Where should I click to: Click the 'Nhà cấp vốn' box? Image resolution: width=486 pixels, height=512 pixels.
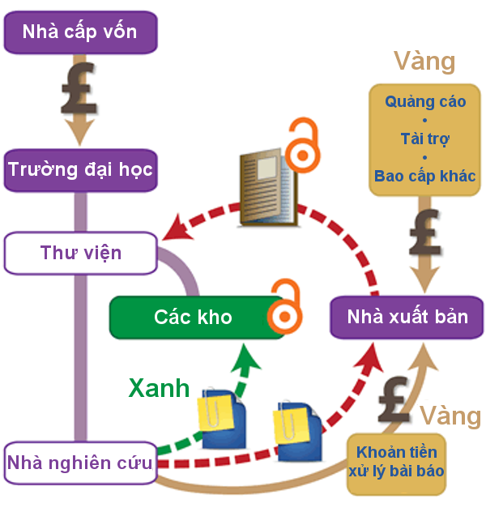(79, 32)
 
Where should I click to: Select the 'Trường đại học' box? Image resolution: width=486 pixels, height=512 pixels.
(79, 170)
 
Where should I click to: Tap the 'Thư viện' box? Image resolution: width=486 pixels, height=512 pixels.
(79, 253)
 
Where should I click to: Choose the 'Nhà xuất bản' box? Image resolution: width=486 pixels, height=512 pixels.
(407, 317)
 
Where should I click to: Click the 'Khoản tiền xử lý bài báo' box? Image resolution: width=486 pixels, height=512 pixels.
(396, 463)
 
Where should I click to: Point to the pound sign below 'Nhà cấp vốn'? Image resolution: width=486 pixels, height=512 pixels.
(79, 87)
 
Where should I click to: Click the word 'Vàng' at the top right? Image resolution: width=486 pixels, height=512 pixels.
(424, 61)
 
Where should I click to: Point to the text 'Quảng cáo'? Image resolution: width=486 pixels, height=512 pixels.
(424, 103)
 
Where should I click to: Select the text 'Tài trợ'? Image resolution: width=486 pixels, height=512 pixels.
(424, 139)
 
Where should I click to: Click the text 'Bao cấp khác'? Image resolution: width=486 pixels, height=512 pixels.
(424, 175)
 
